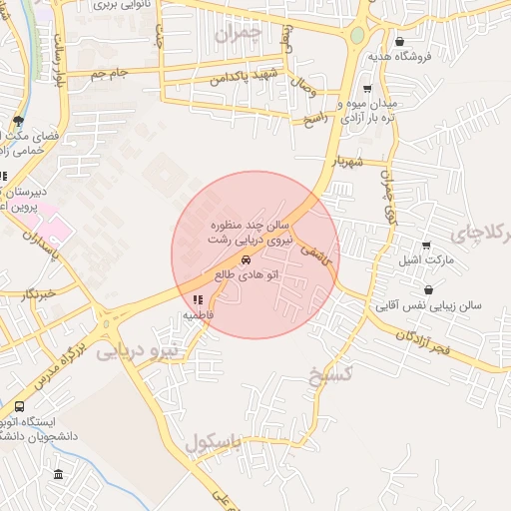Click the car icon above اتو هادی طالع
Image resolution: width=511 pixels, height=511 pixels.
click(x=247, y=257)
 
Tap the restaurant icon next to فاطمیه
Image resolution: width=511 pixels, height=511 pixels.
click(x=197, y=299)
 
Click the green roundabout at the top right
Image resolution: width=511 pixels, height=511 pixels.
click(x=356, y=35)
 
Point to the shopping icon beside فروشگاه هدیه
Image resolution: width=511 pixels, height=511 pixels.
click(x=400, y=42)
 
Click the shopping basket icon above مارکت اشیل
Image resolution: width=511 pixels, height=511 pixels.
click(x=427, y=246)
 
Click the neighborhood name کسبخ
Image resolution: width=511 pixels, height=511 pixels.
click(x=331, y=373)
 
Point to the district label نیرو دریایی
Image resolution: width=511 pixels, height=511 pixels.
click(x=138, y=351)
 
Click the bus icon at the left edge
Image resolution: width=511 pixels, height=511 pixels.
click(x=20, y=407)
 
